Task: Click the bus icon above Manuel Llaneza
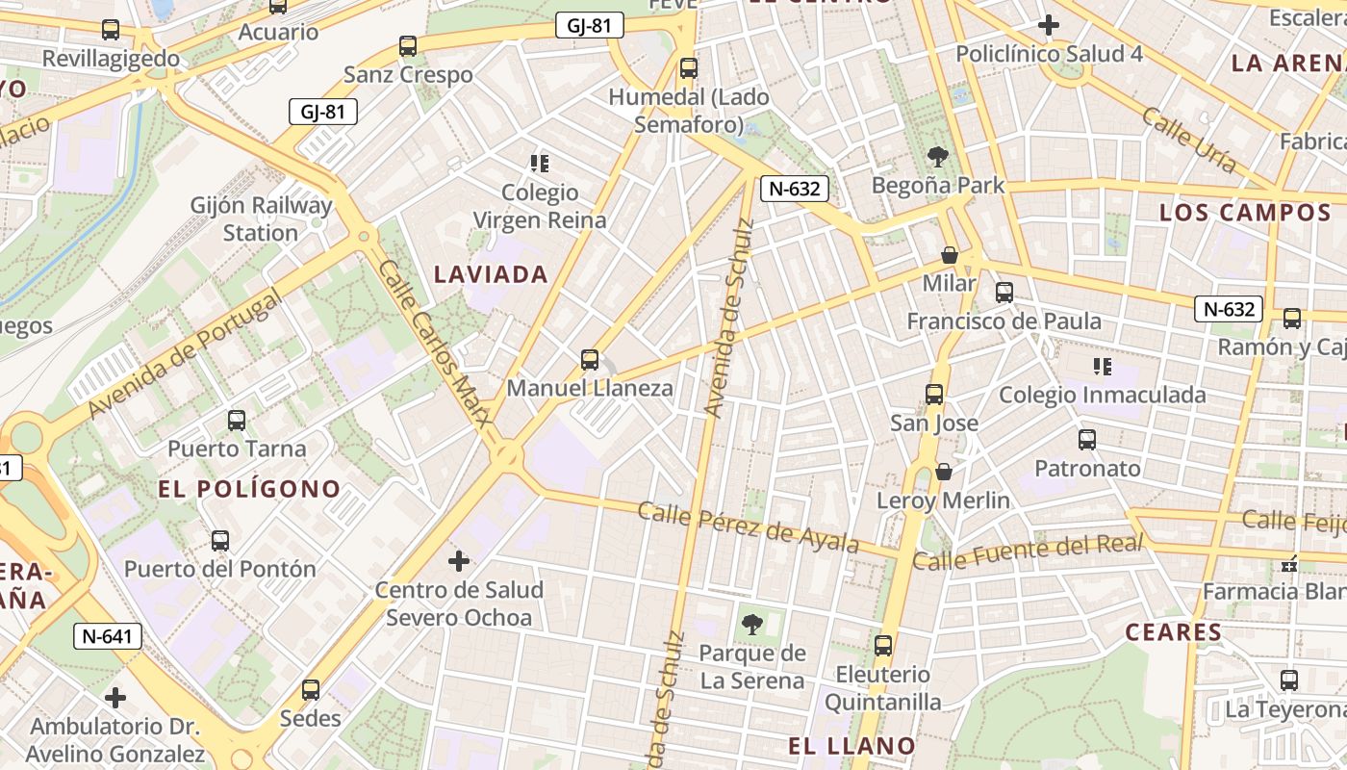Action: tap(590, 361)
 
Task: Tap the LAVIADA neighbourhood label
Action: tap(491, 274)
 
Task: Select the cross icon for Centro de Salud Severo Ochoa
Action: tap(459, 560)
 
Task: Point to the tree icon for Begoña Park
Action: tap(937, 157)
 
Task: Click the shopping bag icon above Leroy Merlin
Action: tap(944, 472)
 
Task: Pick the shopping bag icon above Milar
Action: tap(950, 255)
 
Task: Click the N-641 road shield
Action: tap(108, 635)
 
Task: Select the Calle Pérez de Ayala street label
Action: tap(749, 526)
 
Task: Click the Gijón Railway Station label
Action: tap(261, 218)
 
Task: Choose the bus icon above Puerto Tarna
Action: tap(236, 421)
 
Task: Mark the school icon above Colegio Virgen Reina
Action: tap(539, 164)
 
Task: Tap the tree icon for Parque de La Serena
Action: tap(752, 625)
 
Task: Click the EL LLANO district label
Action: tap(851, 745)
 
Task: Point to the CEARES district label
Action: tap(1173, 632)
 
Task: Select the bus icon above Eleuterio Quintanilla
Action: tap(883, 646)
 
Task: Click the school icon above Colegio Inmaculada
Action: tap(1103, 367)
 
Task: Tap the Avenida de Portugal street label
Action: tap(185, 354)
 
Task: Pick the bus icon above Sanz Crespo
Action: tap(408, 46)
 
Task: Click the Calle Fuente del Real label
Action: tap(1028, 552)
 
